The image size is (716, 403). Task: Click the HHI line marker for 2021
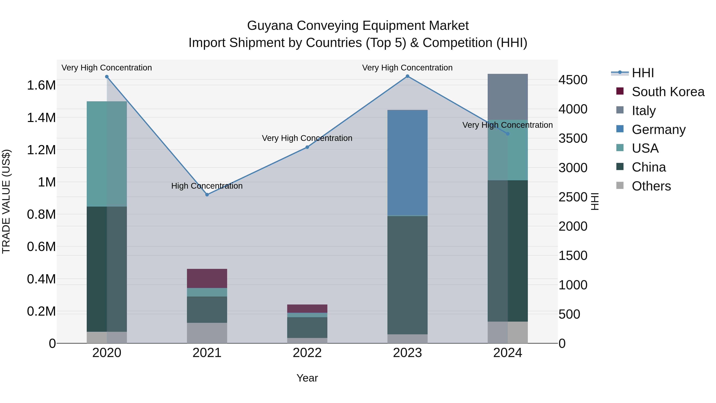[207, 195]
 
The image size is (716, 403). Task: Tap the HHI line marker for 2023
[408, 76]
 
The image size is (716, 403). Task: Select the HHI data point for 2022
[307, 147]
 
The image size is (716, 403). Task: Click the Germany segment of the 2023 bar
[408, 163]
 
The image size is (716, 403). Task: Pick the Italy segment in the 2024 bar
[508, 97]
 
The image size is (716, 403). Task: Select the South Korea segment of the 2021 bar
[207, 278]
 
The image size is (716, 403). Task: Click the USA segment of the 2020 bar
[107, 154]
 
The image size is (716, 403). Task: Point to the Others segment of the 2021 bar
[207, 333]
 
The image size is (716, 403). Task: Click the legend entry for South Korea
[668, 92]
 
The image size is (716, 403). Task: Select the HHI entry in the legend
[642, 73]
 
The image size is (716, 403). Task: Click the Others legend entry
[651, 186]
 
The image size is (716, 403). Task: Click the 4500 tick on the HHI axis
[573, 80]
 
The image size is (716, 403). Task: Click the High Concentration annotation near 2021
[207, 186]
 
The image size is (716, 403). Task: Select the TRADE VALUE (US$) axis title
[6, 201]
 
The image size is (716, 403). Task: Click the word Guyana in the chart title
[270, 26]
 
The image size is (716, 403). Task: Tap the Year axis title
[307, 378]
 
